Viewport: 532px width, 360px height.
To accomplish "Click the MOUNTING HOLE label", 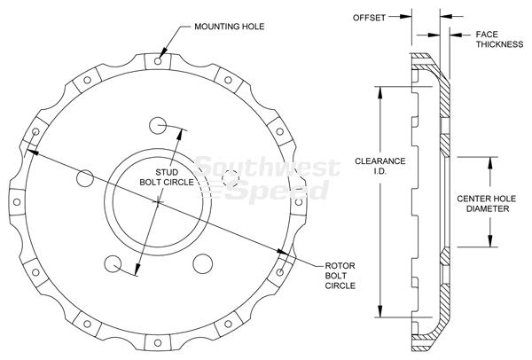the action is [230, 27].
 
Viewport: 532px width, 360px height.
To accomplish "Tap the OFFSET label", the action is [369, 18].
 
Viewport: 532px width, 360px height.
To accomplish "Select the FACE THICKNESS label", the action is [499, 39].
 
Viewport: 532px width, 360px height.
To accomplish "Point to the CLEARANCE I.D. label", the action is [380, 166].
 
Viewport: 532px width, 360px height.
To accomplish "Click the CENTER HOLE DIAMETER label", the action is [487, 204].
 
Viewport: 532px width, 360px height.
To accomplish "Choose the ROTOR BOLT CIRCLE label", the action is [340, 276].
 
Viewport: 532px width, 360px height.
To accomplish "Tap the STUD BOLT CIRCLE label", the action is [167, 177].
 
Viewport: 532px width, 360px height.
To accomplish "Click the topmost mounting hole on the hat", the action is [158, 61].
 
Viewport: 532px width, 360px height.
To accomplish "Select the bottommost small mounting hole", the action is [158, 342].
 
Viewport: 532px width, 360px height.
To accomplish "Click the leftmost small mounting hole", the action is [16, 202].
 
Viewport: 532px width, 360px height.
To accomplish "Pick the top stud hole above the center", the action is [158, 126].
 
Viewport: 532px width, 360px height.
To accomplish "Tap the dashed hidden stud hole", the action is [231, 178].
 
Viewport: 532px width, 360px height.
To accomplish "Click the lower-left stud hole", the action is [113, 264].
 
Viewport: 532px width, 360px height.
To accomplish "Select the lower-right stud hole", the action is [202, 263].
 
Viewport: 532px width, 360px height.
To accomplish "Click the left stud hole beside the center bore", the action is [85, 178].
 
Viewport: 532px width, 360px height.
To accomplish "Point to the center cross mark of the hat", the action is [158, 202].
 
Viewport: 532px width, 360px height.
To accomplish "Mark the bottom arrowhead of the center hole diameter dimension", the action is [490, 240].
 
